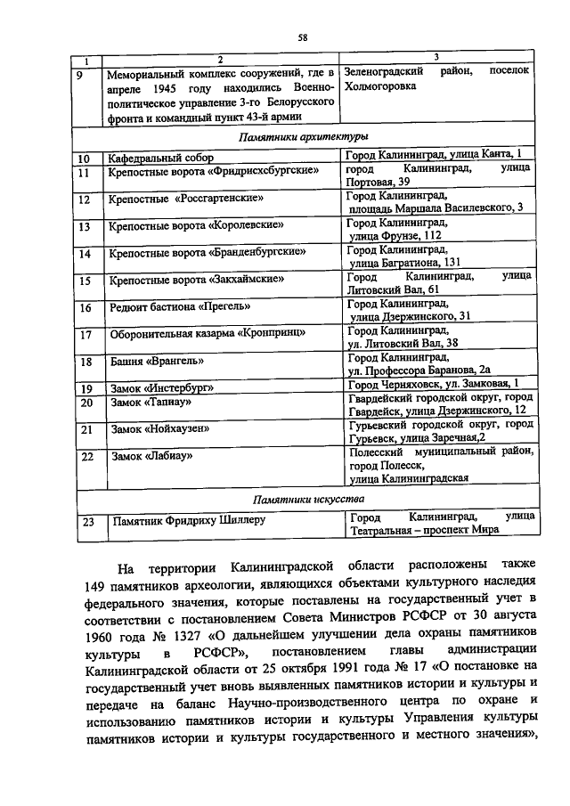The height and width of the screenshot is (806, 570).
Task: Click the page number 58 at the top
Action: tap(302, 37)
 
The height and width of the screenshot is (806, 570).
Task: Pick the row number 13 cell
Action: tap(85, 226)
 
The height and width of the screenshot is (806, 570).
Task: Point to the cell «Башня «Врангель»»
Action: tap(150, 362)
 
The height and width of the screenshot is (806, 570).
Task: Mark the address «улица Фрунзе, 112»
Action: tap(395, 235)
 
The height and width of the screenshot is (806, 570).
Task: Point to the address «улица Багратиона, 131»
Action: tap(403, 262)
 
